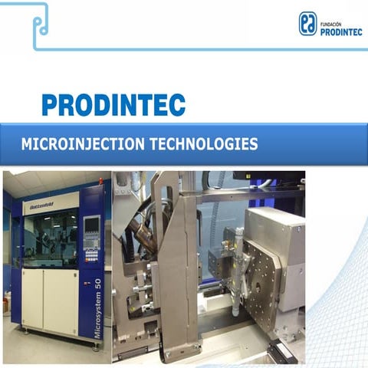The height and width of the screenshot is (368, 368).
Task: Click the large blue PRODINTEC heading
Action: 113,103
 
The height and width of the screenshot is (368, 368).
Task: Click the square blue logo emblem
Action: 308,24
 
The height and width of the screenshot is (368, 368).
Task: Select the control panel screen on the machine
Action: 90,226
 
